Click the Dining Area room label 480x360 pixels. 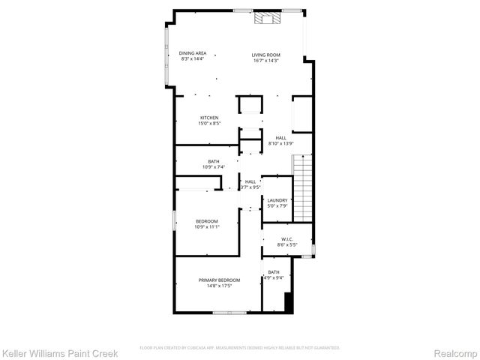(193, 52)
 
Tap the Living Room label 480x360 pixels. (265, 55)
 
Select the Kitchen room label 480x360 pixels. (209, 118)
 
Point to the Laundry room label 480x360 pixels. (277, 199)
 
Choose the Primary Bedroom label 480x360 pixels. (219, 280)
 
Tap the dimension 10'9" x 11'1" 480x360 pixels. (207, 226)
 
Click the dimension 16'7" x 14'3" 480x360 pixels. (265, 60)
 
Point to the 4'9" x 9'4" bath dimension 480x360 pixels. (274, 277)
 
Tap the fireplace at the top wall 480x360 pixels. (265, 19)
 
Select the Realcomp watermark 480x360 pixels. (457, 351)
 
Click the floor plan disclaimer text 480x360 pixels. (240, 348)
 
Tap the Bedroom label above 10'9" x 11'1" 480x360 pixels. (207, 220)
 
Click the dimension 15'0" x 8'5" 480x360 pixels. (209, 123)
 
